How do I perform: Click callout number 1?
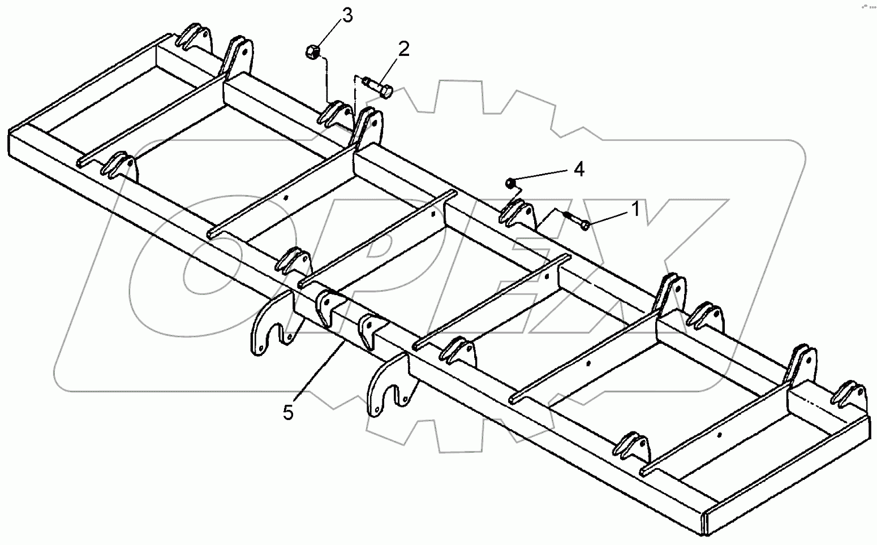635,210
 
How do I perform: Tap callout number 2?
403,49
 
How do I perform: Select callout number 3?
346,15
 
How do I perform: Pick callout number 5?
289,413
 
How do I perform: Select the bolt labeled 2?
379,89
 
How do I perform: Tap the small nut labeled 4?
510,183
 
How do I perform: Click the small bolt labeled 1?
576,220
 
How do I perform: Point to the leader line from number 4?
543,176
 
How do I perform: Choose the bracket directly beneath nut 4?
517,214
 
